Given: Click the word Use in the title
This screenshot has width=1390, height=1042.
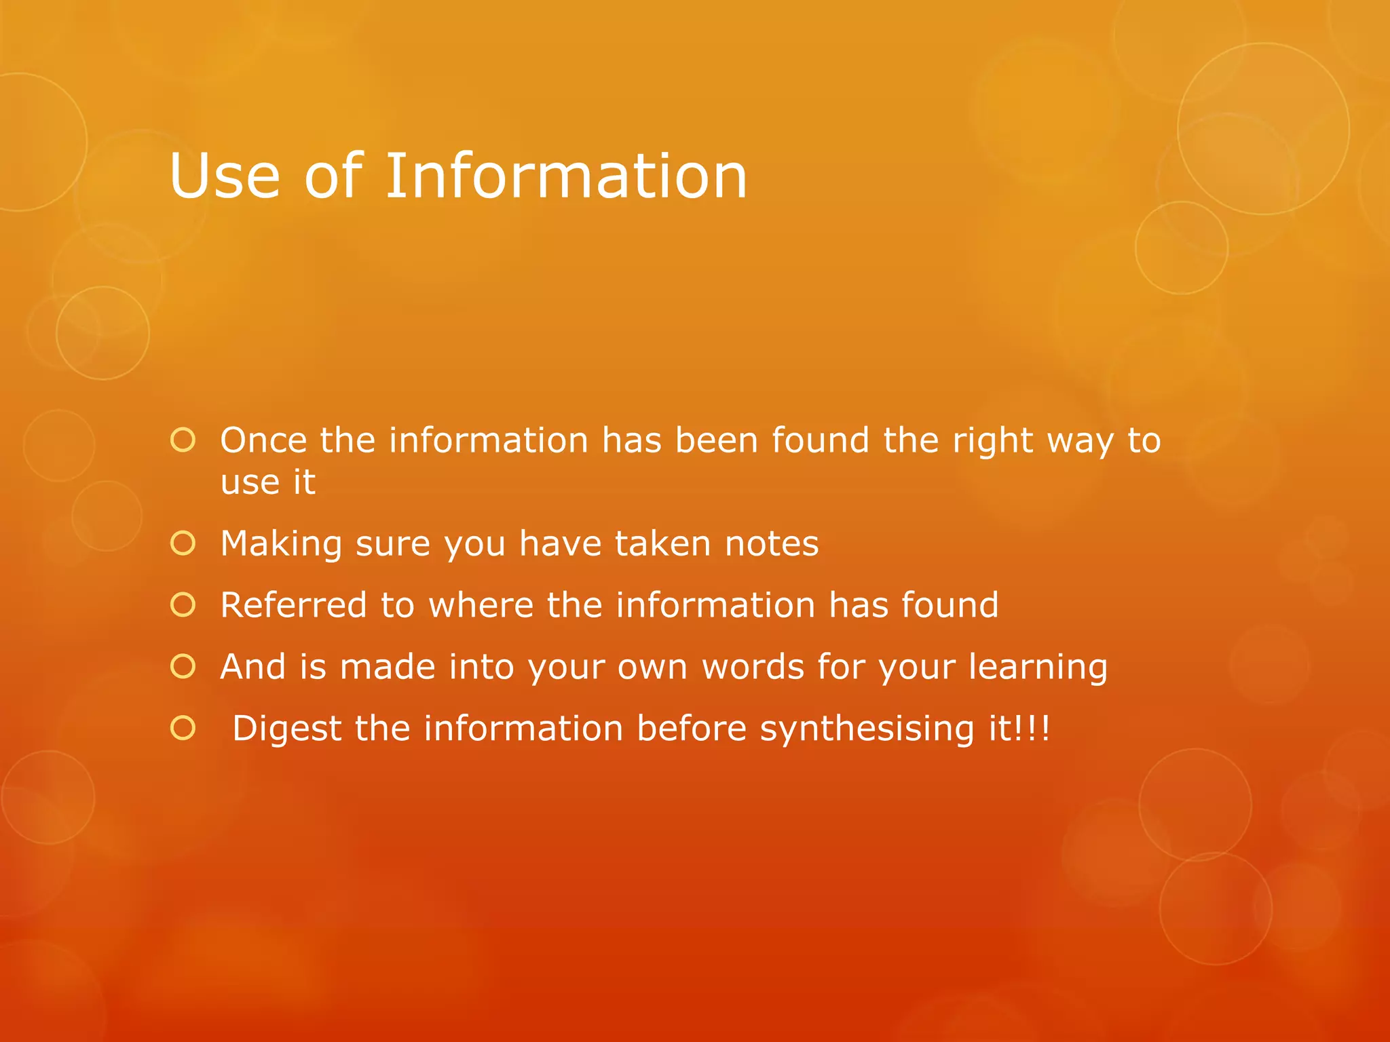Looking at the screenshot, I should (x=225, y=176).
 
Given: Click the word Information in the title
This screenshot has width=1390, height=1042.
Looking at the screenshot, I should (x=567, y=176).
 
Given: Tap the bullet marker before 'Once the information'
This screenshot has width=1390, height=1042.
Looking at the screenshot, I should (x=183, y=440).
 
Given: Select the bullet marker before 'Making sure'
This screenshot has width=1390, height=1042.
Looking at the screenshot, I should (x=183, y=543).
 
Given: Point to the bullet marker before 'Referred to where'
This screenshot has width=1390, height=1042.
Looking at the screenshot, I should (x=183, y=604).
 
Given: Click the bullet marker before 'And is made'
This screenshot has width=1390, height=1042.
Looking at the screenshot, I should (x=183, y=666).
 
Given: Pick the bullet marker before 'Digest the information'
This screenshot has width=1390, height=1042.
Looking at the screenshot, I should (x=183, y=728).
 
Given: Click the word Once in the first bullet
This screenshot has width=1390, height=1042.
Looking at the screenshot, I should (x=263, y=440).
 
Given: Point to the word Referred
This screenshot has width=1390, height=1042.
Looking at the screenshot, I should (x=293, y=604).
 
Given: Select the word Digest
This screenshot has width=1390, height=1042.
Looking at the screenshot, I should (x=286, y=729).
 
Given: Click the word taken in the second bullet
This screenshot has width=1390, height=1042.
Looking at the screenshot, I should (x=663, y=543).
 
